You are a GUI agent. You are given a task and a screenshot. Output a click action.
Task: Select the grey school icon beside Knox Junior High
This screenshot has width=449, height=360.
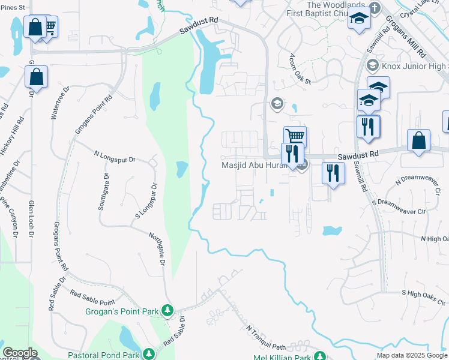click(372, 64)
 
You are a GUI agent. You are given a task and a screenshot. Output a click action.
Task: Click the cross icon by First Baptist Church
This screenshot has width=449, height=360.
click(375, 8)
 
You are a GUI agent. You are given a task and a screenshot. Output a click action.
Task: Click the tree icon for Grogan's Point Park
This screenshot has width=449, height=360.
click(169, 310)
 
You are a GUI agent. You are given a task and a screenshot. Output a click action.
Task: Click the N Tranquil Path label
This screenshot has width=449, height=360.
click(266, 338)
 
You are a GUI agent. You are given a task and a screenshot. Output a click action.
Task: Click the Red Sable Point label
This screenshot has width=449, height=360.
click(92, 298)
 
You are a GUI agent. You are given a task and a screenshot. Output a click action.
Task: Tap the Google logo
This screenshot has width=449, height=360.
click(20, 353)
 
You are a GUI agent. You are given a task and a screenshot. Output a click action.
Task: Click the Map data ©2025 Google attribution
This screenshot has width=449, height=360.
click(411, 355)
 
